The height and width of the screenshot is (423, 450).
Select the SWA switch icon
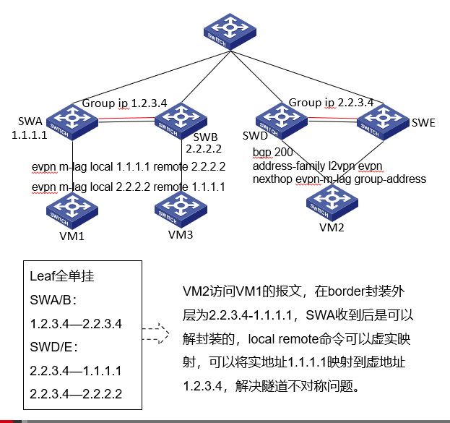point(72,120)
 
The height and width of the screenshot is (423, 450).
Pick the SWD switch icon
point(277,119)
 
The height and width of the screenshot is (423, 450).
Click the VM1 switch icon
point(72,210)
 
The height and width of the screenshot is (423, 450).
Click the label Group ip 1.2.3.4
point(124,103)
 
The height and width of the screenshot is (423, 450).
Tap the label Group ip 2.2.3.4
point(331,103)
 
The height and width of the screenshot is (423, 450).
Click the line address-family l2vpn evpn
point(318,166)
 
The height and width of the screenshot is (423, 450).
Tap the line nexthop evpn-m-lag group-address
point(339,179)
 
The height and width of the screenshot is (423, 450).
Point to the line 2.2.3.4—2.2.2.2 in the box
point(75,394)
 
